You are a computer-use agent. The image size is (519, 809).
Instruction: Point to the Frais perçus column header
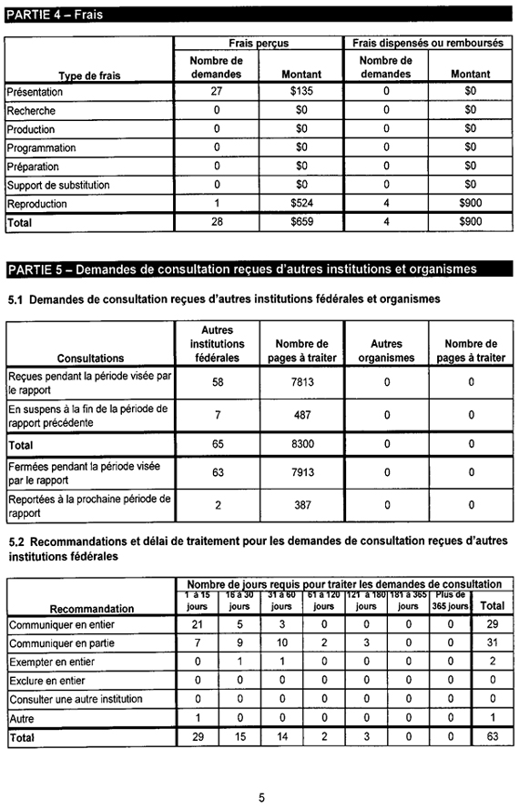click(259, 44)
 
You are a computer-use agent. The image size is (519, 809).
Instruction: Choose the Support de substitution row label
click(58, 185)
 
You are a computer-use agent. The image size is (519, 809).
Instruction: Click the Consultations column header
click(90, 358)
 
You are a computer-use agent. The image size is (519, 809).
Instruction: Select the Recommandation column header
click(92, 608)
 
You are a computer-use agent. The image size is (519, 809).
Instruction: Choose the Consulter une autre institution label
click(76, 699)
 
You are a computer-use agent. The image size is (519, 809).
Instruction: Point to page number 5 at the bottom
click(261, 797)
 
